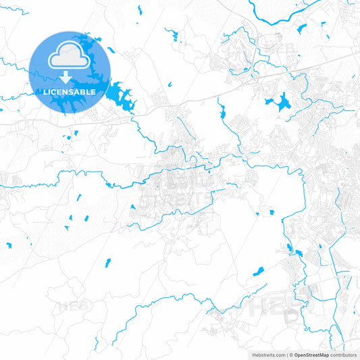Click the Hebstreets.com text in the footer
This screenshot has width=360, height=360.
point(269,355)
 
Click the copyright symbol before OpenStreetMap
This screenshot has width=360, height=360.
point(291,355)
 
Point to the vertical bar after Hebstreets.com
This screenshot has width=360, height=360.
point(287,355)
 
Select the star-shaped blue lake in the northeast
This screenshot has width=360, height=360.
point(279,103)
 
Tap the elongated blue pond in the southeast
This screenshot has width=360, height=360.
point(259,272)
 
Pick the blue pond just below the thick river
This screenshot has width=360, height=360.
point(301,29)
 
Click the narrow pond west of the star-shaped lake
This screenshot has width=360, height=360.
point(221,110)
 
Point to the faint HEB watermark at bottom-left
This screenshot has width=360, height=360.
point(74,306)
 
